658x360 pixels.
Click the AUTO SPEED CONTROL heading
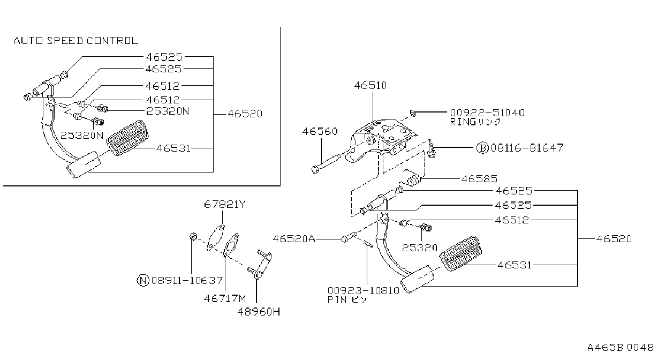[76, 41]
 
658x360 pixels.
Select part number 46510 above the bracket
[370, 86]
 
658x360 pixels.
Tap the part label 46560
[320, 131]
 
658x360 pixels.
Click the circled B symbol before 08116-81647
[482, 148]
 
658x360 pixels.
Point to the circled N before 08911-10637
[143, 280]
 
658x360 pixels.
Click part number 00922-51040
[487, 112]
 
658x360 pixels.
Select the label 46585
[479, 179]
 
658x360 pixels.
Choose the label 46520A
[294, 239]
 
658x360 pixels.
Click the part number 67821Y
[225, 204]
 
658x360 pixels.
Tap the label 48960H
[259, 312]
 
